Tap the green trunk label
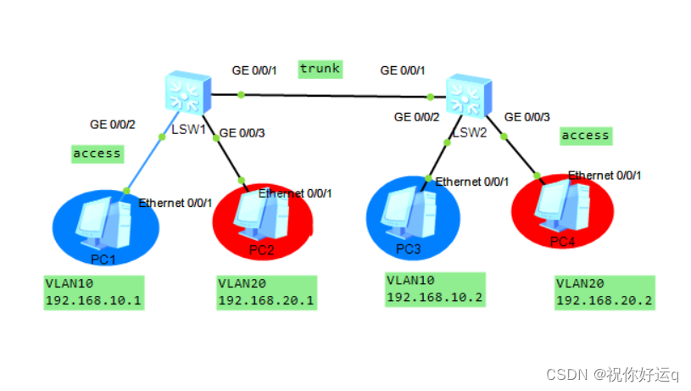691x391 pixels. click(x=320, y=69)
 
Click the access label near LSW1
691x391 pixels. click(x=98, y=154)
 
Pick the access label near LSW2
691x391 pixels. click(x=585, y=135)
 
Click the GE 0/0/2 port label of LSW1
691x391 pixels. click(x=113, y=125)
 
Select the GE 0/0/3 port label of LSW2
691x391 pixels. click(x=527, y=117)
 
